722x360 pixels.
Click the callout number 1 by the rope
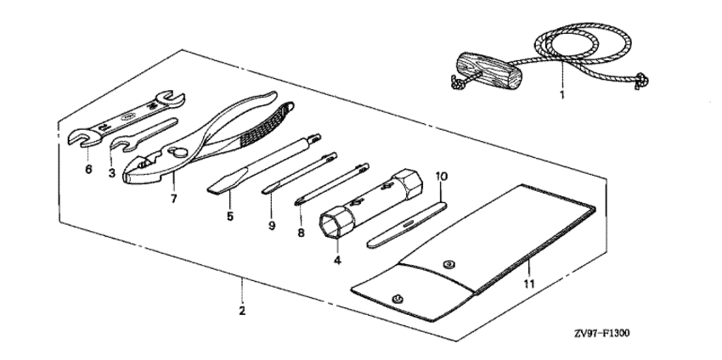click(561, 95)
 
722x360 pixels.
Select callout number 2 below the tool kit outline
click(242, 311)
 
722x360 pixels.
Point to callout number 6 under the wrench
click(88, 170)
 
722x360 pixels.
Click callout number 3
click(112, 173)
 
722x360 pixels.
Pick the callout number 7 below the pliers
click(173, 200)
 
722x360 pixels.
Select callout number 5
click(230, 217)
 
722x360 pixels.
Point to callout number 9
click(272, 226)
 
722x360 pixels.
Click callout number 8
click(302, 233)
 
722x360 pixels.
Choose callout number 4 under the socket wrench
click(337, 261)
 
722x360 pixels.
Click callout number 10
click(441, 176)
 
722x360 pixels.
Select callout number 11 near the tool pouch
click(529, 284)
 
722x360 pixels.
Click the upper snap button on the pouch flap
click(447, 265)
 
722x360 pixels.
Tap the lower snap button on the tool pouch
click(397, 299)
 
